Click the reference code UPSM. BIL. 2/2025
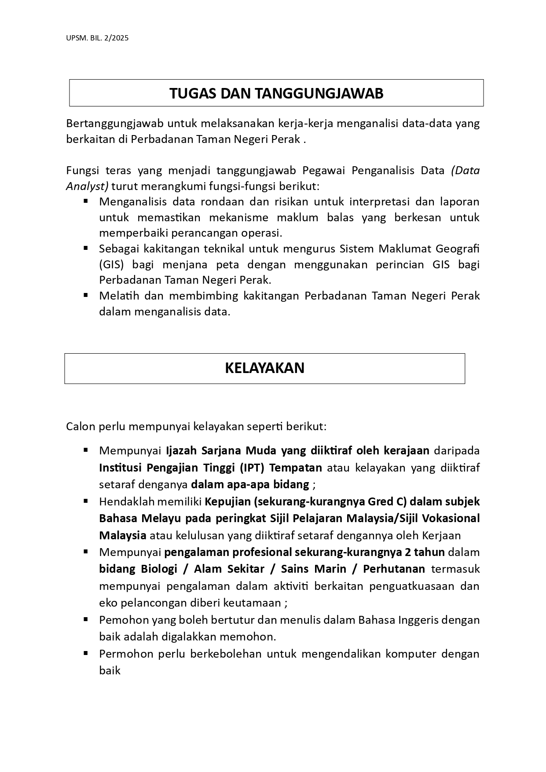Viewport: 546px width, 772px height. [97, 38]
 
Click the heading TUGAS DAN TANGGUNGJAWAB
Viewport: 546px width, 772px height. [276, 93]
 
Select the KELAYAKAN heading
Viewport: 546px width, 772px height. [264, 368]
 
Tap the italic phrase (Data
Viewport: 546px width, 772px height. [465, 170]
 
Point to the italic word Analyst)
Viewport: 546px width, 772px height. [87, 186]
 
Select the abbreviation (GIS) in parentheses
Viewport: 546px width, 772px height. [111, 264]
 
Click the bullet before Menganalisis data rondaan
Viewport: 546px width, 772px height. [86, 201]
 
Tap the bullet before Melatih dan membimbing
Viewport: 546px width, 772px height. [86, 296]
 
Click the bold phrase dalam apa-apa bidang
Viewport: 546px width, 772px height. [250, 484]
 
